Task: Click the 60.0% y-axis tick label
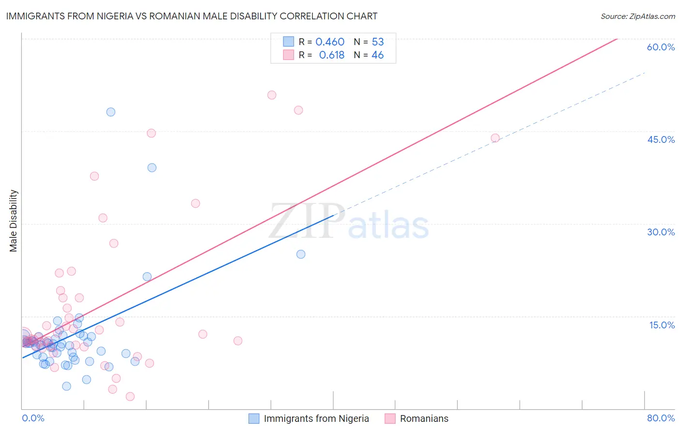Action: [x=661, y=47]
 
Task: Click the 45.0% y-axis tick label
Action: [x=661, y=139]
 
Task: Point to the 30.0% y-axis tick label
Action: [x=661, y=232]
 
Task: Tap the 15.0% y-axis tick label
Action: [x=662, y=325]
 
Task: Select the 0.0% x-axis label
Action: [x=33, y=418]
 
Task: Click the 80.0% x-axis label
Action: [x=661, y=418]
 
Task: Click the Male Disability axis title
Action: [x=13, y=220]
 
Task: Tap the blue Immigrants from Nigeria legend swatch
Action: [x=254, y=418]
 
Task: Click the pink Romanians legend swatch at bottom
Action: [x=390, y=418]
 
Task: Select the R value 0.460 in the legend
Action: [x=330, y=42]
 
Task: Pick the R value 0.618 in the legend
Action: [x=331, y=55]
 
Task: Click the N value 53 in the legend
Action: [x=378, y=42]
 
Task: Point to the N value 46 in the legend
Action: [x=378, y=55]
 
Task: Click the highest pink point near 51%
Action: [x=272, y=95]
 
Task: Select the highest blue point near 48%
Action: [x=111, y=112]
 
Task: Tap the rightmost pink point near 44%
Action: [x=495, y=138]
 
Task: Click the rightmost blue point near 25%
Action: [x=301, y=254]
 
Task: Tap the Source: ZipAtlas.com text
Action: [x=637, y=16]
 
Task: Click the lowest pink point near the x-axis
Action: [x=130, y=397]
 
